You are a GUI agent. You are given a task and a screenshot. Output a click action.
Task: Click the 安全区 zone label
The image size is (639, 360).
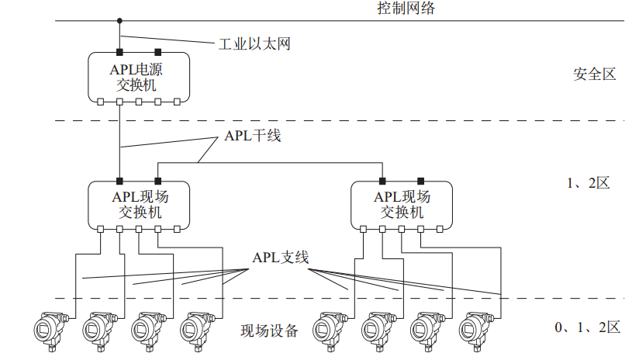pyautogui.click(x=595, y=74)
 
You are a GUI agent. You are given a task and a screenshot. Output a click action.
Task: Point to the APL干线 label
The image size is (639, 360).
pyautogui.click(x=252, y=136)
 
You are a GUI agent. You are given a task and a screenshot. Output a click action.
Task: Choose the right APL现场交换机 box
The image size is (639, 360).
pyautogui.click(x=401, y=205)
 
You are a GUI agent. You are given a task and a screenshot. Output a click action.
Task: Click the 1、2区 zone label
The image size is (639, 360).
pyautogui.click(x=589, y=184)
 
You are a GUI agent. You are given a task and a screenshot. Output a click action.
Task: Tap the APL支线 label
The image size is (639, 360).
pyautogui.click(x=281, y=258)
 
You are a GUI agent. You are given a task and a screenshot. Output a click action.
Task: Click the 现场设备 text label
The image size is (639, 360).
pyautogui.click(x=269, y=331)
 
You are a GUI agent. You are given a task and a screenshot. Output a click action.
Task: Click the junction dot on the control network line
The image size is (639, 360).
pyautogui.click(x=119, y=21)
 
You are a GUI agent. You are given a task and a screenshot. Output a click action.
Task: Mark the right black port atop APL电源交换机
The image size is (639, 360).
pyautogui.click(x=157, y=52)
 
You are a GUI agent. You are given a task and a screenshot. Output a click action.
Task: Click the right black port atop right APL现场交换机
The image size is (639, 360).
pyautogui.click(x=420, y=180)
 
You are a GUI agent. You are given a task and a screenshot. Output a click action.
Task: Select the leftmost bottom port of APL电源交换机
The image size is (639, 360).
pyautogui.click(x=100, y=102)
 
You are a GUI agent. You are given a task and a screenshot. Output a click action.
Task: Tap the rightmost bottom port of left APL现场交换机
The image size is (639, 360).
pyautogui.click(x=177, y=229)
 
